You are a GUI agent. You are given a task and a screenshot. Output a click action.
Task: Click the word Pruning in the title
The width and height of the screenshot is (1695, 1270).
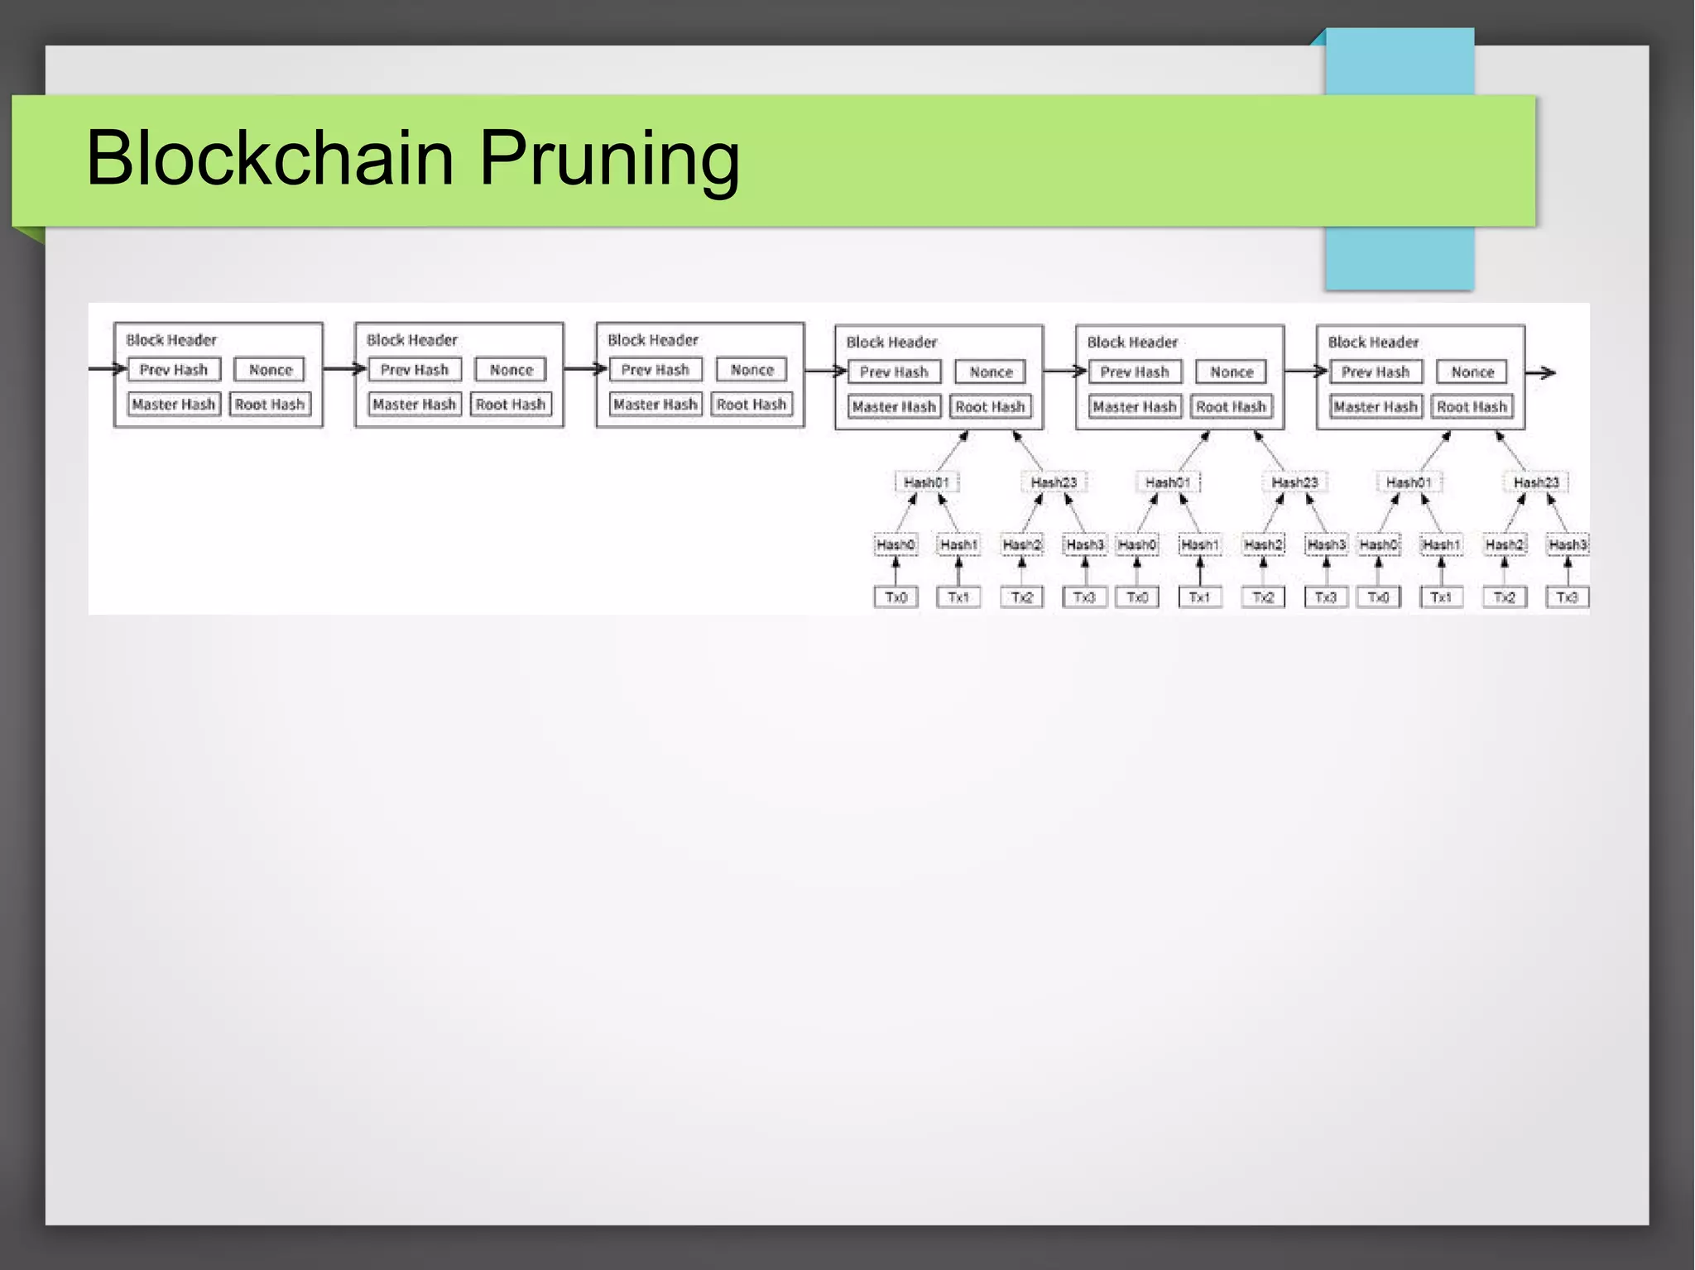pos(609,160)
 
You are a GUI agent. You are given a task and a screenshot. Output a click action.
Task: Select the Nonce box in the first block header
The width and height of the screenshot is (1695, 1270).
pos(270,370)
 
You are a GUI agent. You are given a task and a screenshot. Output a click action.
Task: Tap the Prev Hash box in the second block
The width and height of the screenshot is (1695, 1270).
pos(414,370)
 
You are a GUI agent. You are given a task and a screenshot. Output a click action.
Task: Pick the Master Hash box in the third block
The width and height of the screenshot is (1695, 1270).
pos(655,405)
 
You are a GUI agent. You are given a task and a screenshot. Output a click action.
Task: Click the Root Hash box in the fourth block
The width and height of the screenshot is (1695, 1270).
pos(990,407)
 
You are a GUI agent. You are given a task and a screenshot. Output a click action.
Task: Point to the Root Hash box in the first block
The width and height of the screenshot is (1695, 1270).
pos(270,405)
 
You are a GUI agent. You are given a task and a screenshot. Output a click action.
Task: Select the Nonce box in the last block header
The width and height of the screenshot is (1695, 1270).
pos(1472,372)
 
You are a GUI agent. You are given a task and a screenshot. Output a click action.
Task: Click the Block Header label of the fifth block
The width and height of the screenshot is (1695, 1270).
pos(1131,343)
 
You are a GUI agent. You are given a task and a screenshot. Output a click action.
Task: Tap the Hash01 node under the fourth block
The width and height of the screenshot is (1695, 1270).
pos(925,482)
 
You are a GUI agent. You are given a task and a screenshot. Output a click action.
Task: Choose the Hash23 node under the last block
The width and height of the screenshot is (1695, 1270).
pos(1536,482)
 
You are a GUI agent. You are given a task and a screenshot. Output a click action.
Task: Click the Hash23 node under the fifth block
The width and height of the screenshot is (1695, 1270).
pos(1294,482)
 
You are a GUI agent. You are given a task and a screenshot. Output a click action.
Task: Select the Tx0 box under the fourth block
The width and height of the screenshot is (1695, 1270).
pos(896,597)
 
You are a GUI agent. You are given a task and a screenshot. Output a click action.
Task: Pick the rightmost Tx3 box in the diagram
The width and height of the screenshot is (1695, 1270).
pos(1567,597)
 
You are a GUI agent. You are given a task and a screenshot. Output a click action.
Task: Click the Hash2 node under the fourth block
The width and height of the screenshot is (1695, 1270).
pos(1021,544)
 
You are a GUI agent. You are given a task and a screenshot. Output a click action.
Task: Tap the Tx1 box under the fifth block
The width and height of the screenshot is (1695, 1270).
pos(1199,597)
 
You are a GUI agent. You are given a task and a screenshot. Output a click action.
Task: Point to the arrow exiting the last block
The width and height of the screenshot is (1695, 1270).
pos(1540,373)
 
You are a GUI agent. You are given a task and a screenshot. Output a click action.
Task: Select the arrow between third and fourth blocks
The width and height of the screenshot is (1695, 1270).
pos(824,371)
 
